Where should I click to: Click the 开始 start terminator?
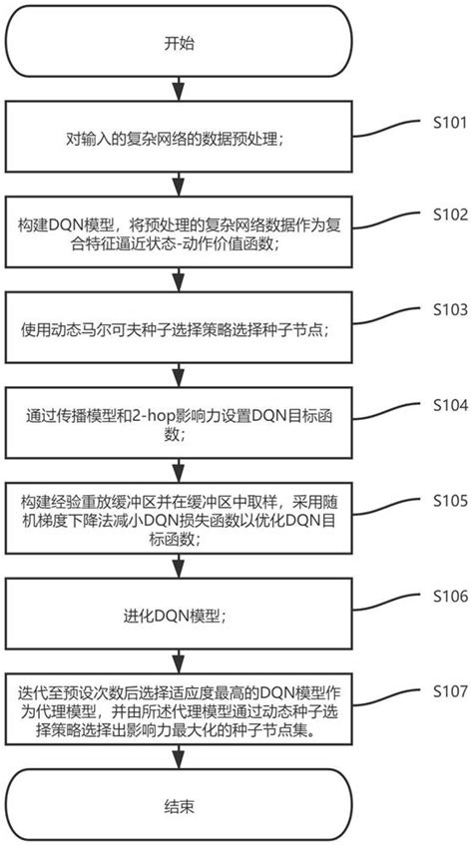179,45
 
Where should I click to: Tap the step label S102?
447,213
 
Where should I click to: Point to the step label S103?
447,310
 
